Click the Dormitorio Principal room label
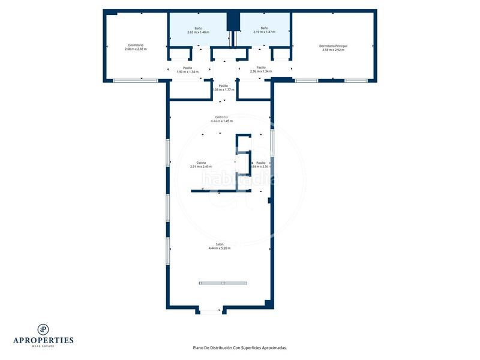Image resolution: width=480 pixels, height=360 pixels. click(333, 46)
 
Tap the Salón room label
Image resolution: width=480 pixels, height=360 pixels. click(220, 244)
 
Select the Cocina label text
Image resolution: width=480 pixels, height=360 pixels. click(201, 163)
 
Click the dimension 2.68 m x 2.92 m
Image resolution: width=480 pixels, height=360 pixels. click(136, 49)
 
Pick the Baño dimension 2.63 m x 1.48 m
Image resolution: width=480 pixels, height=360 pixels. click(198, 32)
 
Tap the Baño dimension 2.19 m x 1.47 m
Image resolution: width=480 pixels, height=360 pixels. click(264, 32)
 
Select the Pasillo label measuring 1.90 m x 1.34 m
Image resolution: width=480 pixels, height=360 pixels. click(188, 72)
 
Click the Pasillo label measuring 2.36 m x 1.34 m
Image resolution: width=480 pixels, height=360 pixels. click(261, 71)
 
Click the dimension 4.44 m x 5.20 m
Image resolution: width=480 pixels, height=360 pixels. click(220, 248)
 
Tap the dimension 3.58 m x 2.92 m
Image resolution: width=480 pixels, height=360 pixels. click(333, 50)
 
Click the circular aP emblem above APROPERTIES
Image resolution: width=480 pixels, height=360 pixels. click(43, 329)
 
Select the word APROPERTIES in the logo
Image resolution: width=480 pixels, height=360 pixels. click(43, 340)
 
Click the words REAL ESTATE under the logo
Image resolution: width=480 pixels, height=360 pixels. click(43, 346)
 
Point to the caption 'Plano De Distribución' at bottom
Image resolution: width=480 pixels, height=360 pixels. click(239, 347)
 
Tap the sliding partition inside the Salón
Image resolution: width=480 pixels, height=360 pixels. click(222, 283)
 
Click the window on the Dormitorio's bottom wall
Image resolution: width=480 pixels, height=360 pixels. click(135, 80)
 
